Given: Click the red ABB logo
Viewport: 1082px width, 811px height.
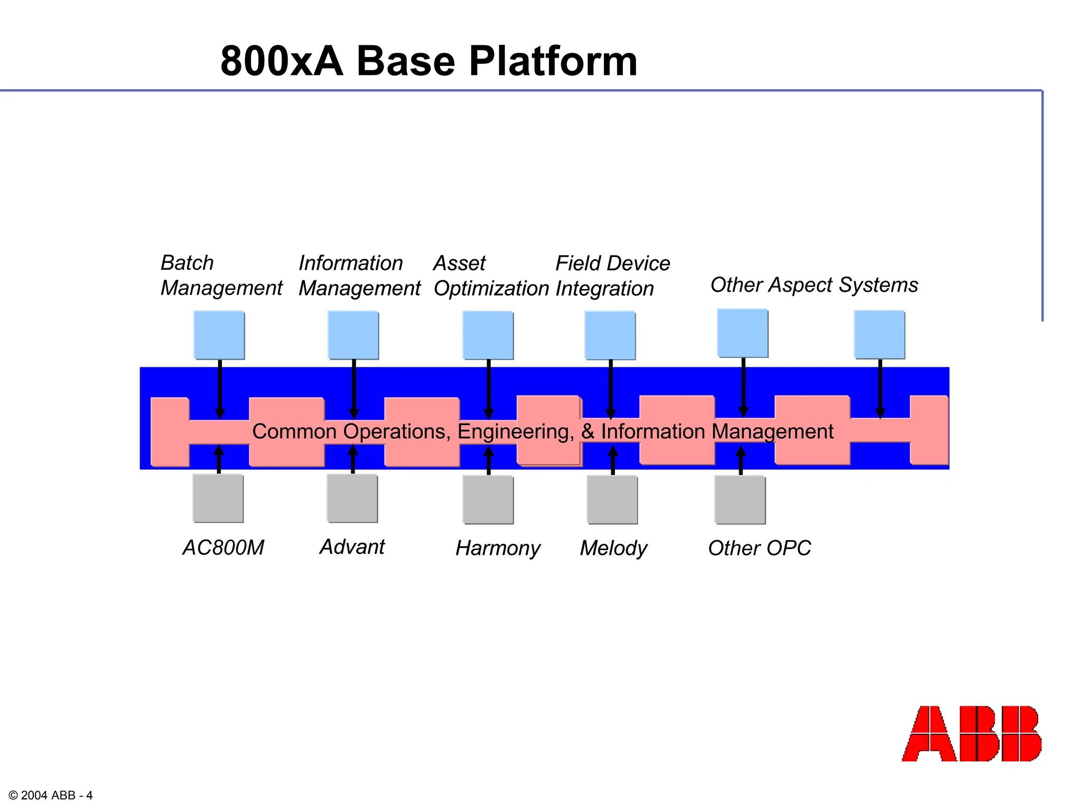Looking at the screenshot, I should pos(971,733).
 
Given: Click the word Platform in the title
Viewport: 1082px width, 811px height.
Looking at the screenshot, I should pos(553,61).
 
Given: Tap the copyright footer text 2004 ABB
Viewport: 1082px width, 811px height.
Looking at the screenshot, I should pos(51,795).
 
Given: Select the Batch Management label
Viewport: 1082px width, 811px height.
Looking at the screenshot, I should pos(221,276).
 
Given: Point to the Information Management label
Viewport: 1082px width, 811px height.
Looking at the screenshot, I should pos(359,276).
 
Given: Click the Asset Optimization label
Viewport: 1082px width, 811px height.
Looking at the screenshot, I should pos(491,276).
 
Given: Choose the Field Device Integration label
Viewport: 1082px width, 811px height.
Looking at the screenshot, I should pos(612,276).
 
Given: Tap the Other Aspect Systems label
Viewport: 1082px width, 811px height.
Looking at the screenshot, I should pos(814,285).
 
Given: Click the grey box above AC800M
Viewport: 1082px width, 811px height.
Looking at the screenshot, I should pos(218,498).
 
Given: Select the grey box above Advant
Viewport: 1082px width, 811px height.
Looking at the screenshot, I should pos(352,498).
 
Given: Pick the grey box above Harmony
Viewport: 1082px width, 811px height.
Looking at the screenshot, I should pos(488,499).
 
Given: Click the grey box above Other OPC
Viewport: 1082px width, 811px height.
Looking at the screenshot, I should pos(740,499).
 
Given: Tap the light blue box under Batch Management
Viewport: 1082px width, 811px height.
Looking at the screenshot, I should pos(219,335).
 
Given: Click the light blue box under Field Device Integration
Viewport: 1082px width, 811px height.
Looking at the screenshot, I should pos(610,335).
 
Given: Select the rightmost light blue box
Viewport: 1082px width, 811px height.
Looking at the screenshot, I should pos(879,335).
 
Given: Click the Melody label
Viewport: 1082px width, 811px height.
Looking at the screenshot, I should pos(613,548).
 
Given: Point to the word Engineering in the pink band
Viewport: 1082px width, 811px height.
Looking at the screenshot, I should pos(515,431).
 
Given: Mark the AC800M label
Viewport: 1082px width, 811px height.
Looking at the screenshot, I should pos(223,548).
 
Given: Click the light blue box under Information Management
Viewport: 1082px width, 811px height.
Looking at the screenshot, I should pos(353,335).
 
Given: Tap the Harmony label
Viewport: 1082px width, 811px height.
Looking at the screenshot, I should pos(498,548).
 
